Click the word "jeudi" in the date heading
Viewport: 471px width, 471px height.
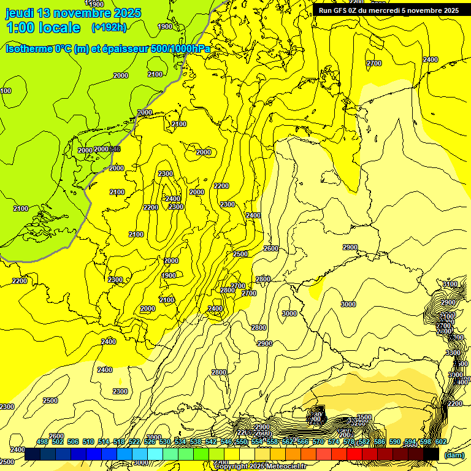tap(20, 13)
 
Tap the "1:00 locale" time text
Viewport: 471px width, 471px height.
tap(43, 28)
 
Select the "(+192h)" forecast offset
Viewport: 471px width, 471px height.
tap(109, 27)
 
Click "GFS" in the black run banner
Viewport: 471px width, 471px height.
tap(347, 10)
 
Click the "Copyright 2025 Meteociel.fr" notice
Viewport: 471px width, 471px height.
tap(260, 466)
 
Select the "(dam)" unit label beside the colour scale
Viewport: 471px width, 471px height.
tap(454, 454)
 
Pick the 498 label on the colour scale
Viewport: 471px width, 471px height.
tap(42, 442)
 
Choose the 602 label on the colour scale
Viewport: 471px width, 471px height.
tap(440, 442)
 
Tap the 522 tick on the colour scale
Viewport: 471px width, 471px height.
tap(134, 442)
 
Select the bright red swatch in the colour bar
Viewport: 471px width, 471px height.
tap(354, 454)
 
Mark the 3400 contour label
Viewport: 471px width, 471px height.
tap(450, 285)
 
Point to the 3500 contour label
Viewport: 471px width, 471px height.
tap(364, 418)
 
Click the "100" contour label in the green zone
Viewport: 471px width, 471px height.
tap(6, 91)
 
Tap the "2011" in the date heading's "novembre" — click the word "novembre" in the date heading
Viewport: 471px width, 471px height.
tap(84, 13)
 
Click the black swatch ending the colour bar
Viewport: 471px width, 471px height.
tap(431, 454)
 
